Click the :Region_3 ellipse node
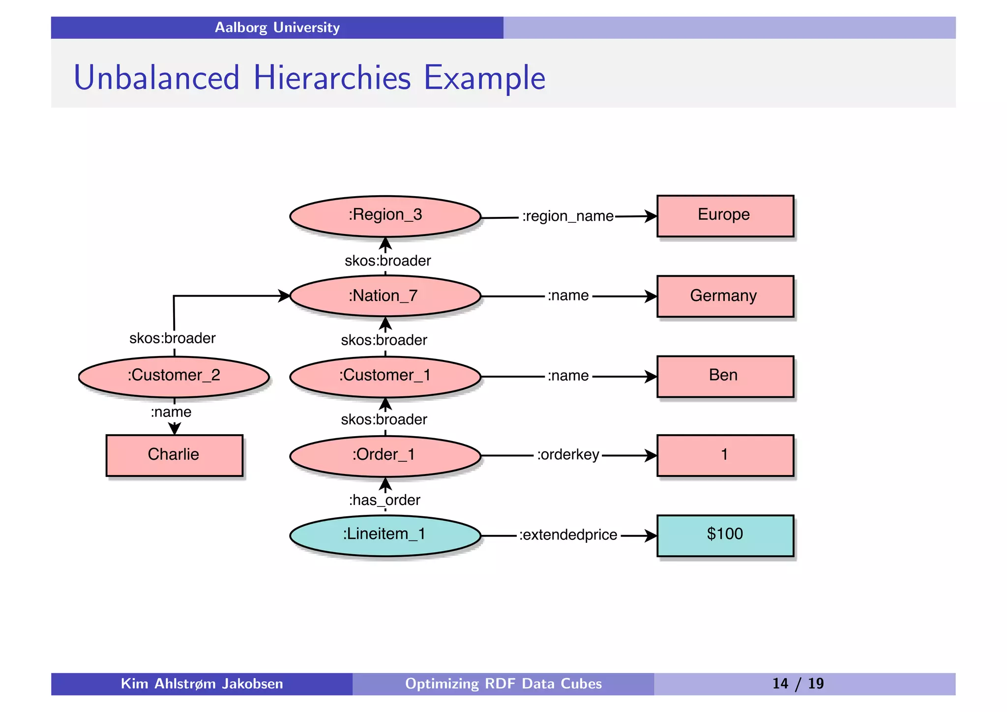coord(385,216)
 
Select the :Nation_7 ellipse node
coord(385,296)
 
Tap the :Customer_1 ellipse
coord(385,376)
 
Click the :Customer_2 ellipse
coord(174,376)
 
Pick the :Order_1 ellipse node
coord(385,455)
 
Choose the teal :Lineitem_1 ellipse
coord(385,535)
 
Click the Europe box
coord(725,216)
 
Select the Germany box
coord(725,296)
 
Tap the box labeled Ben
coord(725,376)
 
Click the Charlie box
coord(174,455)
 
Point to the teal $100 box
coord(725,535)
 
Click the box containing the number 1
coord(725,455)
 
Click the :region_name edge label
coord(567,216)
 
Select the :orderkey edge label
coord(568,455)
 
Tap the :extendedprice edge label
coord(568,535)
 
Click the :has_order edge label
coord(385,501)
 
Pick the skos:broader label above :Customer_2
coord(172,338)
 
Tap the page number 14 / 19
coord(798,684)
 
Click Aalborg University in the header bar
coord(277,28)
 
